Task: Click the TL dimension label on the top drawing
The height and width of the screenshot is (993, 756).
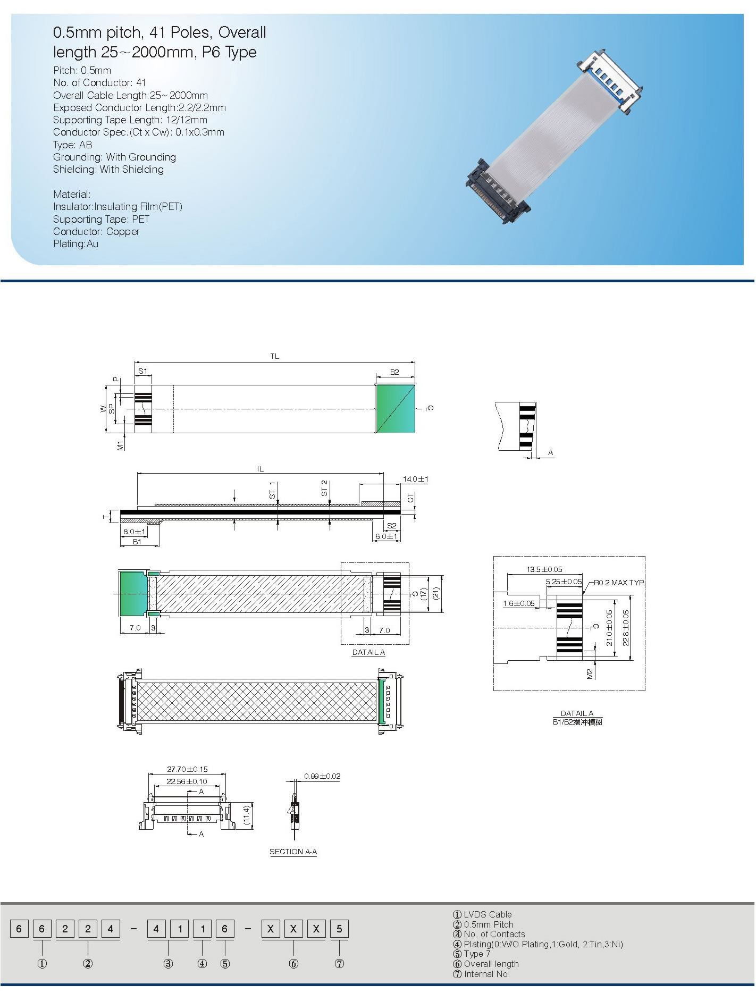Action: point(274,356)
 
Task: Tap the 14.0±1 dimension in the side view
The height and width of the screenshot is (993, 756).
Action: point(415,479)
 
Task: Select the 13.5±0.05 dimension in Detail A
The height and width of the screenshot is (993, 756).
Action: point(544,569)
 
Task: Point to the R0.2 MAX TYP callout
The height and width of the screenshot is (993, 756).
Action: point(619,583)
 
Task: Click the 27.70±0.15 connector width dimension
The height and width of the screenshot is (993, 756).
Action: point(187,769)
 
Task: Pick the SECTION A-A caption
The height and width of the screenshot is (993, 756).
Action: point(293,852)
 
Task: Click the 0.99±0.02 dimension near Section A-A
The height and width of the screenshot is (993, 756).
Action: point(322,776)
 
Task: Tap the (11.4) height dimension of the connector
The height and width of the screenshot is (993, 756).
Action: point(247,815)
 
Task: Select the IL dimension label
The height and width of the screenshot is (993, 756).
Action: point(261,469)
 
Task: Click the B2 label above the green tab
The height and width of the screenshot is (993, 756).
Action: point(394,372)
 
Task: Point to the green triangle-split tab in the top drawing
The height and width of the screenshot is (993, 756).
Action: point(395,408)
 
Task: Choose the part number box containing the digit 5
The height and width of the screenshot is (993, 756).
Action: point(339,929)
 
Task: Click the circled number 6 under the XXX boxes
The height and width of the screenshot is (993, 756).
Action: point(293,964)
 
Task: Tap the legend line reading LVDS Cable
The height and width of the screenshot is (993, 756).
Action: point(483,914)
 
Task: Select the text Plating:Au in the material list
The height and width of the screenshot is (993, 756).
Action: point(75,244)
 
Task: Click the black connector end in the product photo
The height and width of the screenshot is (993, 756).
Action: point(497,191)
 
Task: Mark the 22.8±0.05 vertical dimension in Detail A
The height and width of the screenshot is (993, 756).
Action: point(626,628)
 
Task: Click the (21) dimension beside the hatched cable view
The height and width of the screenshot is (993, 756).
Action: point(436,593)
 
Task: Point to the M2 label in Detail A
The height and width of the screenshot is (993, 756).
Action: point(590,674)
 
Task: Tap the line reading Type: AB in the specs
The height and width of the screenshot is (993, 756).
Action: point(73,145)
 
